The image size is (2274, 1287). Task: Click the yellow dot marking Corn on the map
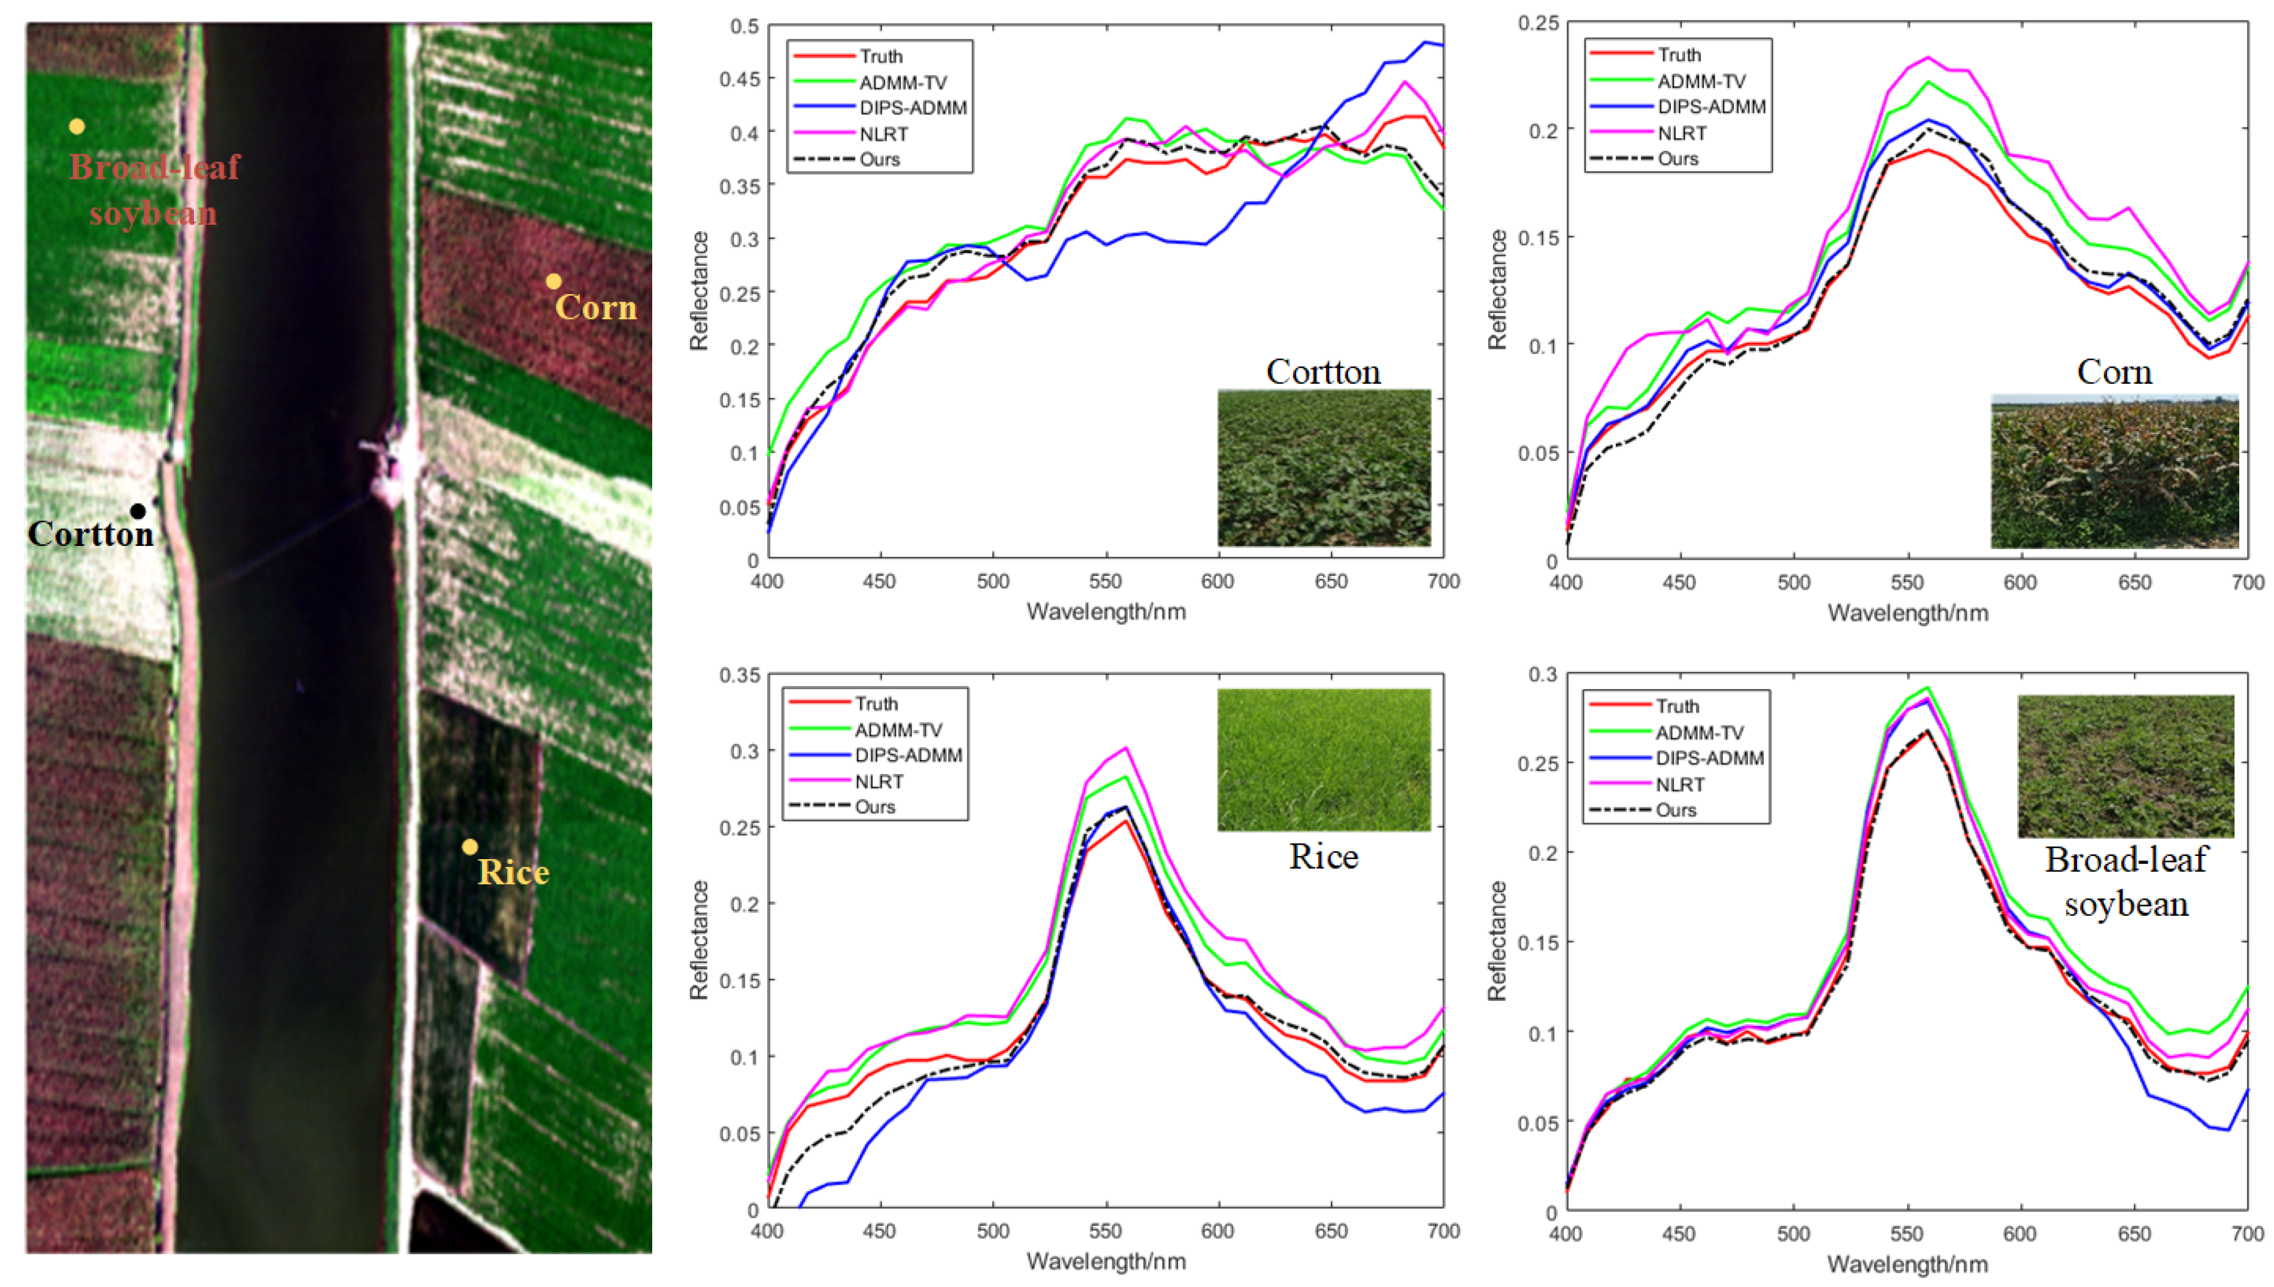tap(553, 281)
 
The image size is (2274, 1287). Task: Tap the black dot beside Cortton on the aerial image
tap(138, 511)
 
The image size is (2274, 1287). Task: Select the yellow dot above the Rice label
tap(470, 847)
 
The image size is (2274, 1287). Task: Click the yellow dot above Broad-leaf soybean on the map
tap(77, 126)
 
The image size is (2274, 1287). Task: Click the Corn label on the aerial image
tap(596, 308)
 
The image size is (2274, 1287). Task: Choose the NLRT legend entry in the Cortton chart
tap(882, 133)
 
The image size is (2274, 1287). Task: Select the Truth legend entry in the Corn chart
tap(1678, 55)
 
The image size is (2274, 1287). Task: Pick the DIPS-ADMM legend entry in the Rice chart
tap(907, 755)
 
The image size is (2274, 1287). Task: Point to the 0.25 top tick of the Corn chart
tap(1539, 22)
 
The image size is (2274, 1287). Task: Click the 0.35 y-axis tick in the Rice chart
tap(739, 675)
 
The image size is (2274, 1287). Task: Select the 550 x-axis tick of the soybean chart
tap(1906, 1233)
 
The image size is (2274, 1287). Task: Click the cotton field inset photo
tap(1324, 467)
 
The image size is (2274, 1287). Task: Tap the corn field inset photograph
tap(2114, 471)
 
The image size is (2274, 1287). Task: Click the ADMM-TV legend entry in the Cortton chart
tap(902, 82)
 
